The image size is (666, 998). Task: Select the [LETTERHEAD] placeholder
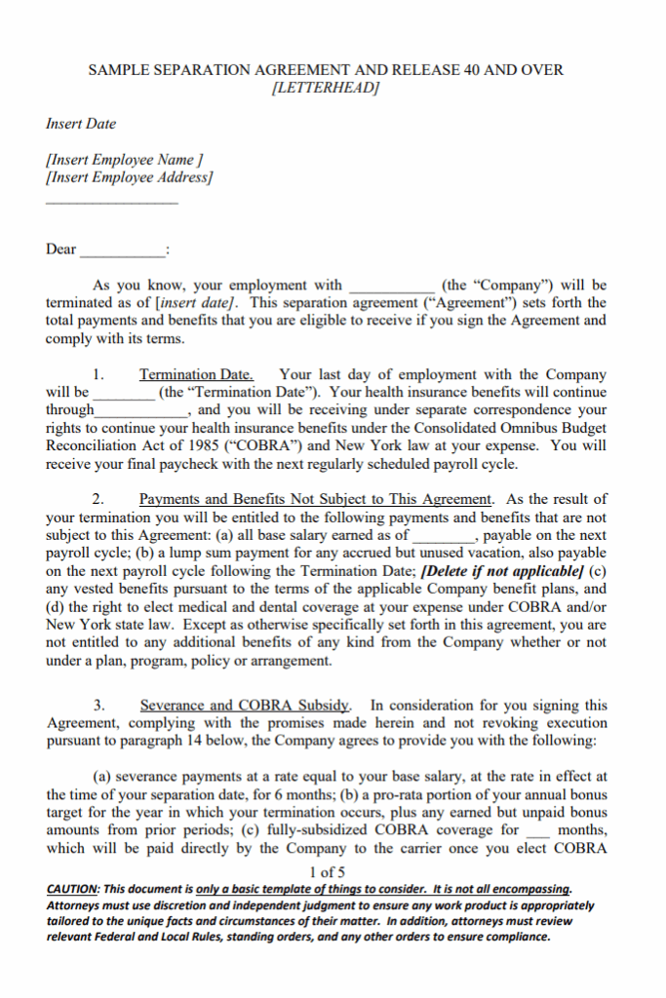click(325, 88)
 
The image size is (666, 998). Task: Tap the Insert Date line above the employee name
click(81, 124)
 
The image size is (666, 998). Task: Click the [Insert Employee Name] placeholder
click(124, 160)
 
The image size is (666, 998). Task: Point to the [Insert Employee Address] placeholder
click(129, 177)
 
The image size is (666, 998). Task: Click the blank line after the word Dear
click(122, 250)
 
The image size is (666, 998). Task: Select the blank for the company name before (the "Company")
click(391, 287)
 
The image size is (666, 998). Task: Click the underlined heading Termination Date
click(196, 374)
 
